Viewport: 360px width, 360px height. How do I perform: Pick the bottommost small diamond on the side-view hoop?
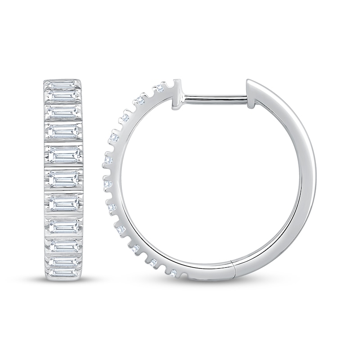point(174,271)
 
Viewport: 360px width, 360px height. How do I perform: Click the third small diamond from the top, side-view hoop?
point(126,117)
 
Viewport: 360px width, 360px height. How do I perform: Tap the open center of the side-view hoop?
point(207,180)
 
